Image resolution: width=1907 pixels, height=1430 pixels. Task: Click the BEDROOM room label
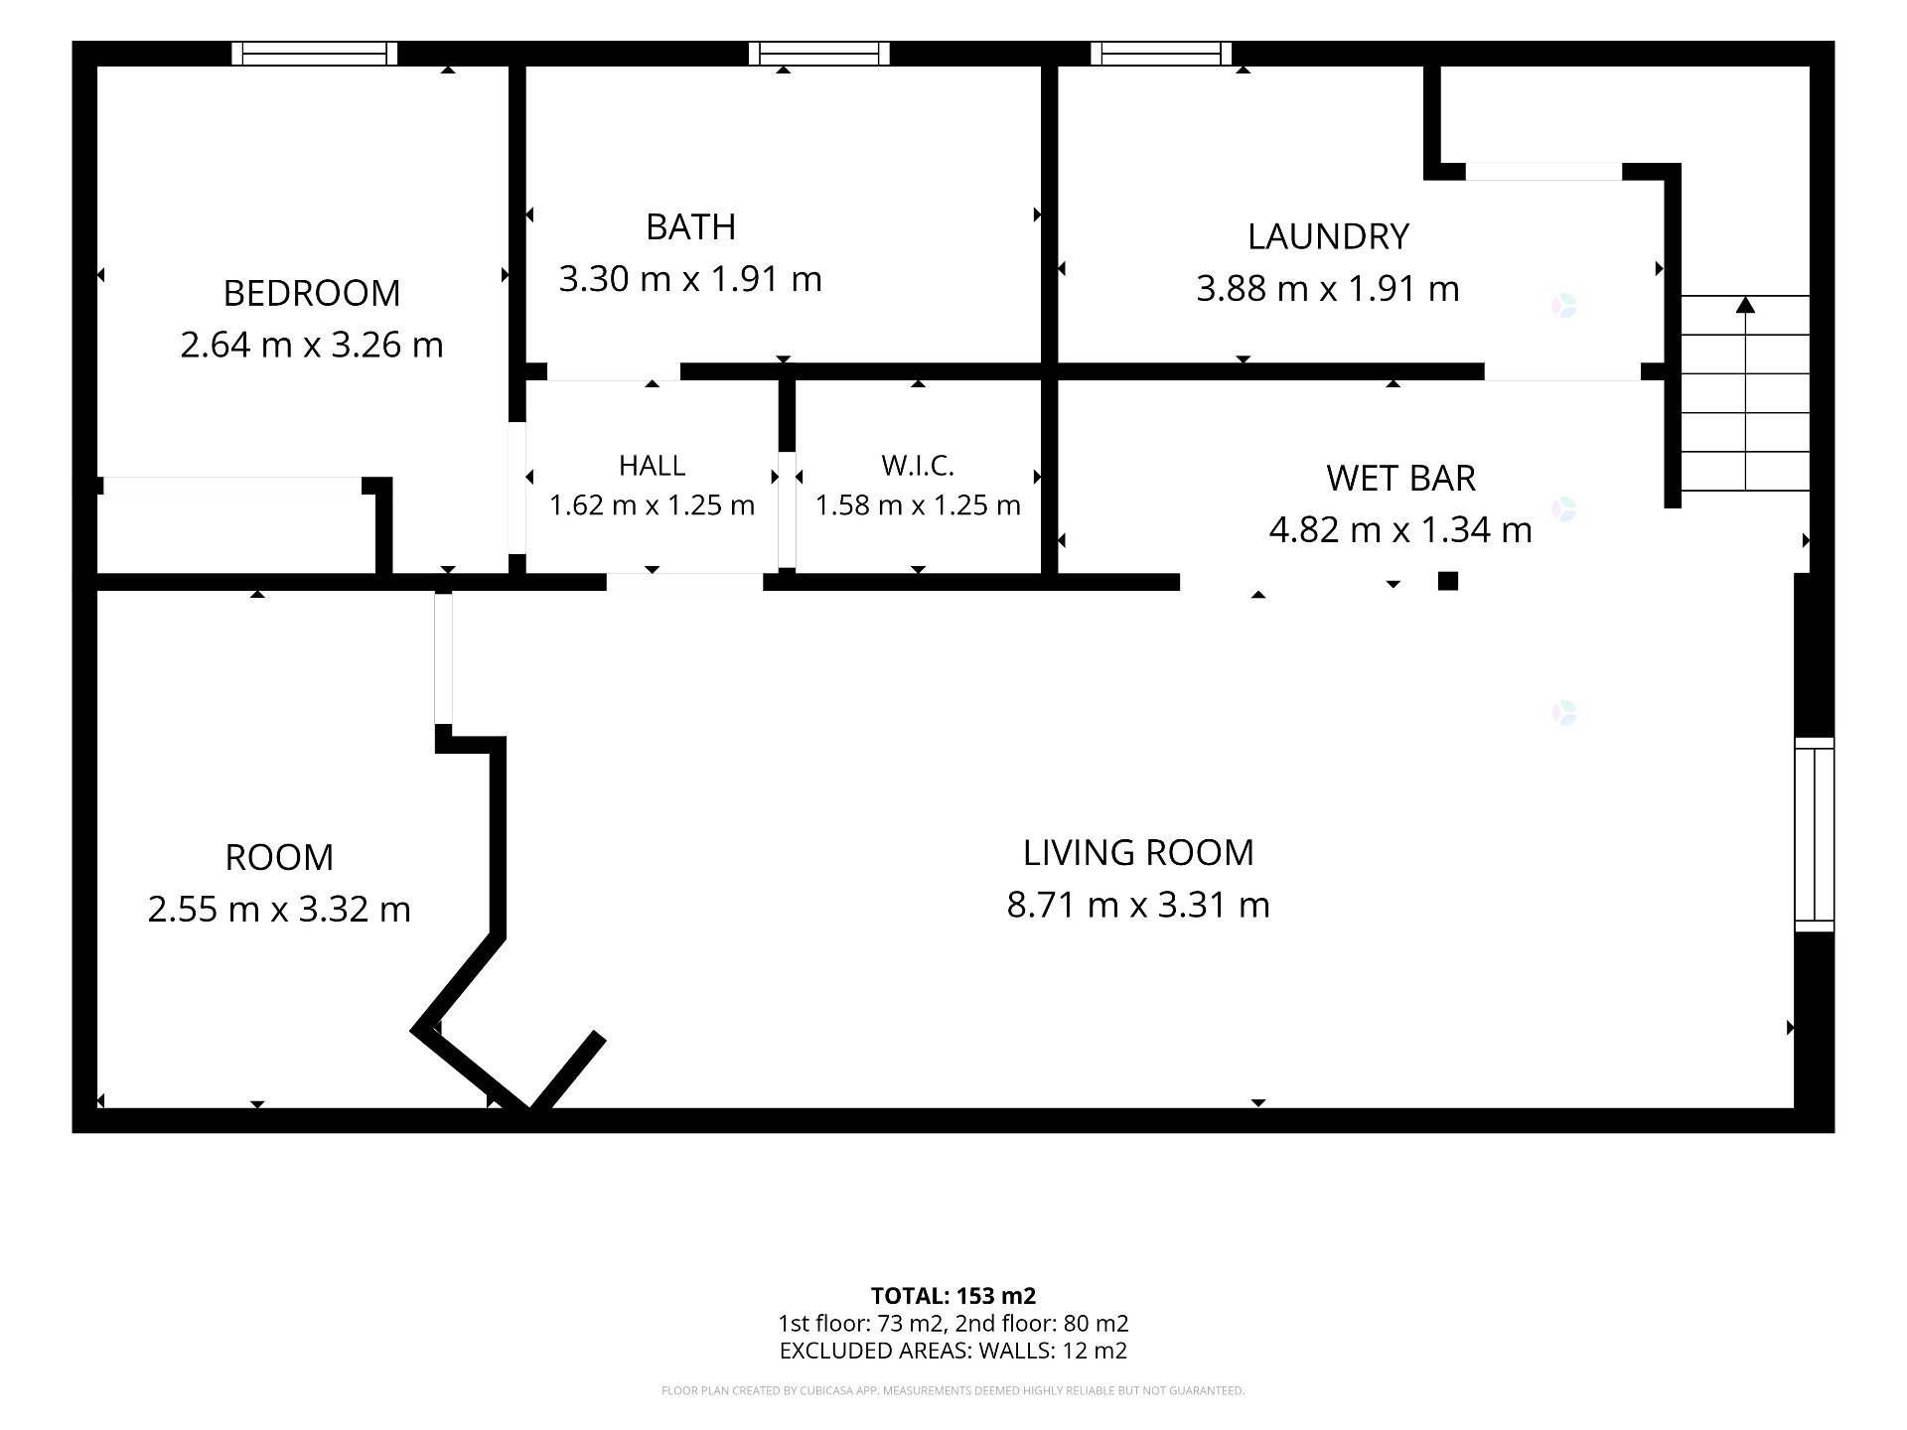pyautogui.click(x=312, y=293)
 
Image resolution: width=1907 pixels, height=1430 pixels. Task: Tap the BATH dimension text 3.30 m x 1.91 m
pyautogui.click(x=690, y=279)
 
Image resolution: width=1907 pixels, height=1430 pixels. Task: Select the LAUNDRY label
pyautogui.click(x=1328, y=236)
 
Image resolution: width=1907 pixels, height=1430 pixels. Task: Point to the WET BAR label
pyautogui.click(x=1400, y=478)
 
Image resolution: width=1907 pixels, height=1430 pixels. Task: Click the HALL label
pyautogui.click(x=652, y=465)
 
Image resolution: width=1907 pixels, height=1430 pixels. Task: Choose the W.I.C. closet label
pyautogui.click(x=918, y=465)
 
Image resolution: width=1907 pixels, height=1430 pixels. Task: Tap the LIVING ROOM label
pyautogui.click(x=1138, y=852)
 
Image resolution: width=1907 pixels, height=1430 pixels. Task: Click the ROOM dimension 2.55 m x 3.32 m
pyautogui.click(x=279, y=909)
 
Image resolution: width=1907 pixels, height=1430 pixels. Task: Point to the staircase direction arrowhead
pyautogui.click(x=1745, y=304)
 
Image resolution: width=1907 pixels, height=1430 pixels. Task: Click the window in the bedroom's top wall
pyautogui.click(x=315, y=54)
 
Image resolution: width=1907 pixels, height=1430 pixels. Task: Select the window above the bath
pyautogui.click(x=819, y=54)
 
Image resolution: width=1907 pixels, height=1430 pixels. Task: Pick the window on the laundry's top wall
pyautogui.click(x=1161, y=54)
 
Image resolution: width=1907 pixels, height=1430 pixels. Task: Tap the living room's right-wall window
pyautogui.click(x=1814, y=834)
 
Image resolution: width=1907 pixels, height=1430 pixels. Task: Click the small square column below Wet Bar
pyautogui.click(x=1448, y=581)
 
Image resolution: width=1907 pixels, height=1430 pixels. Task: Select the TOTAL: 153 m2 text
pyautogui.click(x=953, y=1296)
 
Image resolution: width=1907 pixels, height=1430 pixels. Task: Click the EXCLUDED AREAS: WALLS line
pyautogui.click(x=953, y=1351)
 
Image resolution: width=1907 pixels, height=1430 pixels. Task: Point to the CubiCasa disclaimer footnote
pyautogui.click(x=953, y=1391)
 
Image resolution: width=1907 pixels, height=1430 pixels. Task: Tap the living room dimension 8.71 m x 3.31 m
pyautogui.click(x=1138, y=905)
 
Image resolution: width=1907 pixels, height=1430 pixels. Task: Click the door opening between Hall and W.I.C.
pyautogui.click(x=787, y=510)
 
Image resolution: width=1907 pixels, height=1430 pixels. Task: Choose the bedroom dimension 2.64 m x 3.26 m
pyautogui.click(x=312, y=345)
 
